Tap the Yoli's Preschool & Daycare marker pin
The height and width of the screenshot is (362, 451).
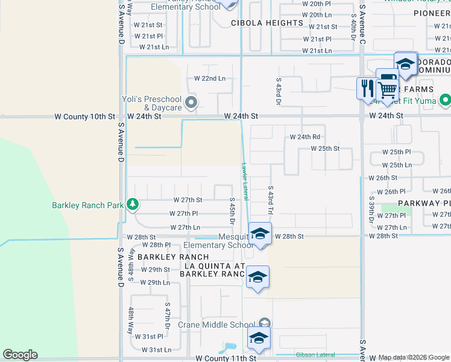[x=192, y=102]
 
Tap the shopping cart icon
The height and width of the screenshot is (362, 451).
[x=388, y=89]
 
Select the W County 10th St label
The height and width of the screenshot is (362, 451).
[x=84, y=116]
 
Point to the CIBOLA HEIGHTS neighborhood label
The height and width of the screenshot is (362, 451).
[x=267, y=23]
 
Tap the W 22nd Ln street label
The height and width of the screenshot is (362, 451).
[x=209, y=78]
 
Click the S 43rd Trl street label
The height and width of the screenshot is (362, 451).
[x=271, y=201]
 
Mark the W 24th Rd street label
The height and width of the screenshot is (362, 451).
[x=304, y=137]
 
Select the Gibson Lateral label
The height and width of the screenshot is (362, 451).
[x=314, y=354]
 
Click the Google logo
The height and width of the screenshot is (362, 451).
[x=20, y=355]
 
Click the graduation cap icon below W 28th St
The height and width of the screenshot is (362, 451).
[x=257, y=278]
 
